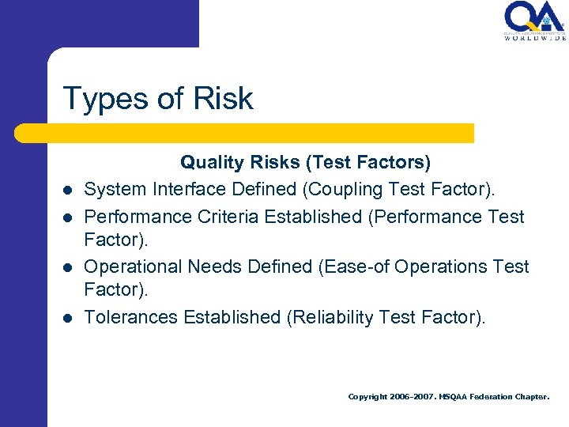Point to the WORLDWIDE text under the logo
click(534, 37)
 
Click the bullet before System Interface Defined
click(70, 191)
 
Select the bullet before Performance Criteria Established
click(70, 216)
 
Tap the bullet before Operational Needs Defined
click(70, 266)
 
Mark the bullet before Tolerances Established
click(70, 317)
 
